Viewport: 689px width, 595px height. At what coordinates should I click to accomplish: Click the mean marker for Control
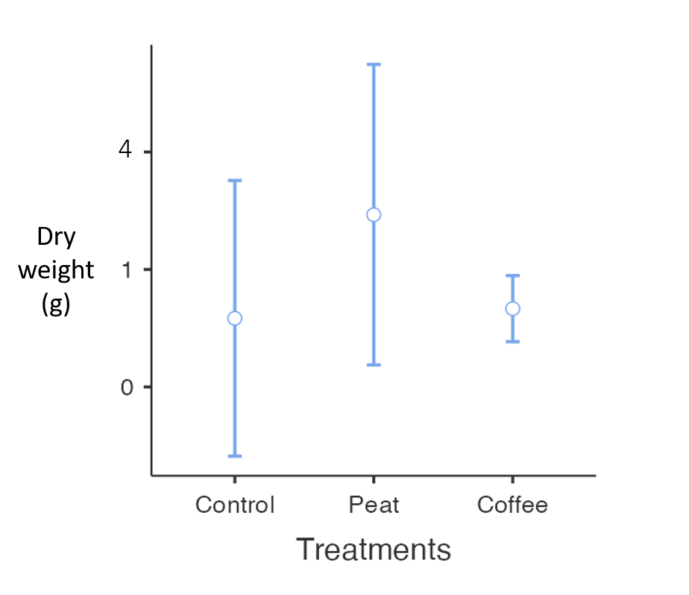click(234, 318)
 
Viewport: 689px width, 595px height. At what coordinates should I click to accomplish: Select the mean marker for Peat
click(374, 214)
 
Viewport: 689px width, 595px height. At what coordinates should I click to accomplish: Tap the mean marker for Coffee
click(512, 308)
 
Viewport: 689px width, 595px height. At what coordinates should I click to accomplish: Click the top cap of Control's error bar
click(234, 180)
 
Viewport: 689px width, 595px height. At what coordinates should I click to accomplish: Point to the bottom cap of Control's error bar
click(234, 455)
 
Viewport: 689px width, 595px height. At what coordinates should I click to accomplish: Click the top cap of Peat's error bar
click(374, 64)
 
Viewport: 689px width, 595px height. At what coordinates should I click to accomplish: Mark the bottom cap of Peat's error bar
click(374, 365)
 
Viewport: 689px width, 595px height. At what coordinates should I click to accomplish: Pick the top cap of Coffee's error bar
click(512, 275)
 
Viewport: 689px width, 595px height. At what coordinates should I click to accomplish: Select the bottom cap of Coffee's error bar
click(512, 341)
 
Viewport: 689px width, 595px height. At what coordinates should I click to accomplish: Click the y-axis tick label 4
click(125, 151)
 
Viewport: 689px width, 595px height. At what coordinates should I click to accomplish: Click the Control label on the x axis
click(235, 505)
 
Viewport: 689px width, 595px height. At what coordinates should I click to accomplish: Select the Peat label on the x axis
click(374, 505)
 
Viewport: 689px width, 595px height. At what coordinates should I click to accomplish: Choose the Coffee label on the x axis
click(512, 505)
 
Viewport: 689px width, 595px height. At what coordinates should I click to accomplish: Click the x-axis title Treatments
click(374, 549)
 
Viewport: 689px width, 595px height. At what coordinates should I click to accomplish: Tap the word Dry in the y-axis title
click(56, 237)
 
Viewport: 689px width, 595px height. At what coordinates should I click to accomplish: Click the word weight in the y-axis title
click(56, 270)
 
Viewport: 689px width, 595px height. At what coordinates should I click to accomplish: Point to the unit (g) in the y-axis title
click(56, 304)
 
